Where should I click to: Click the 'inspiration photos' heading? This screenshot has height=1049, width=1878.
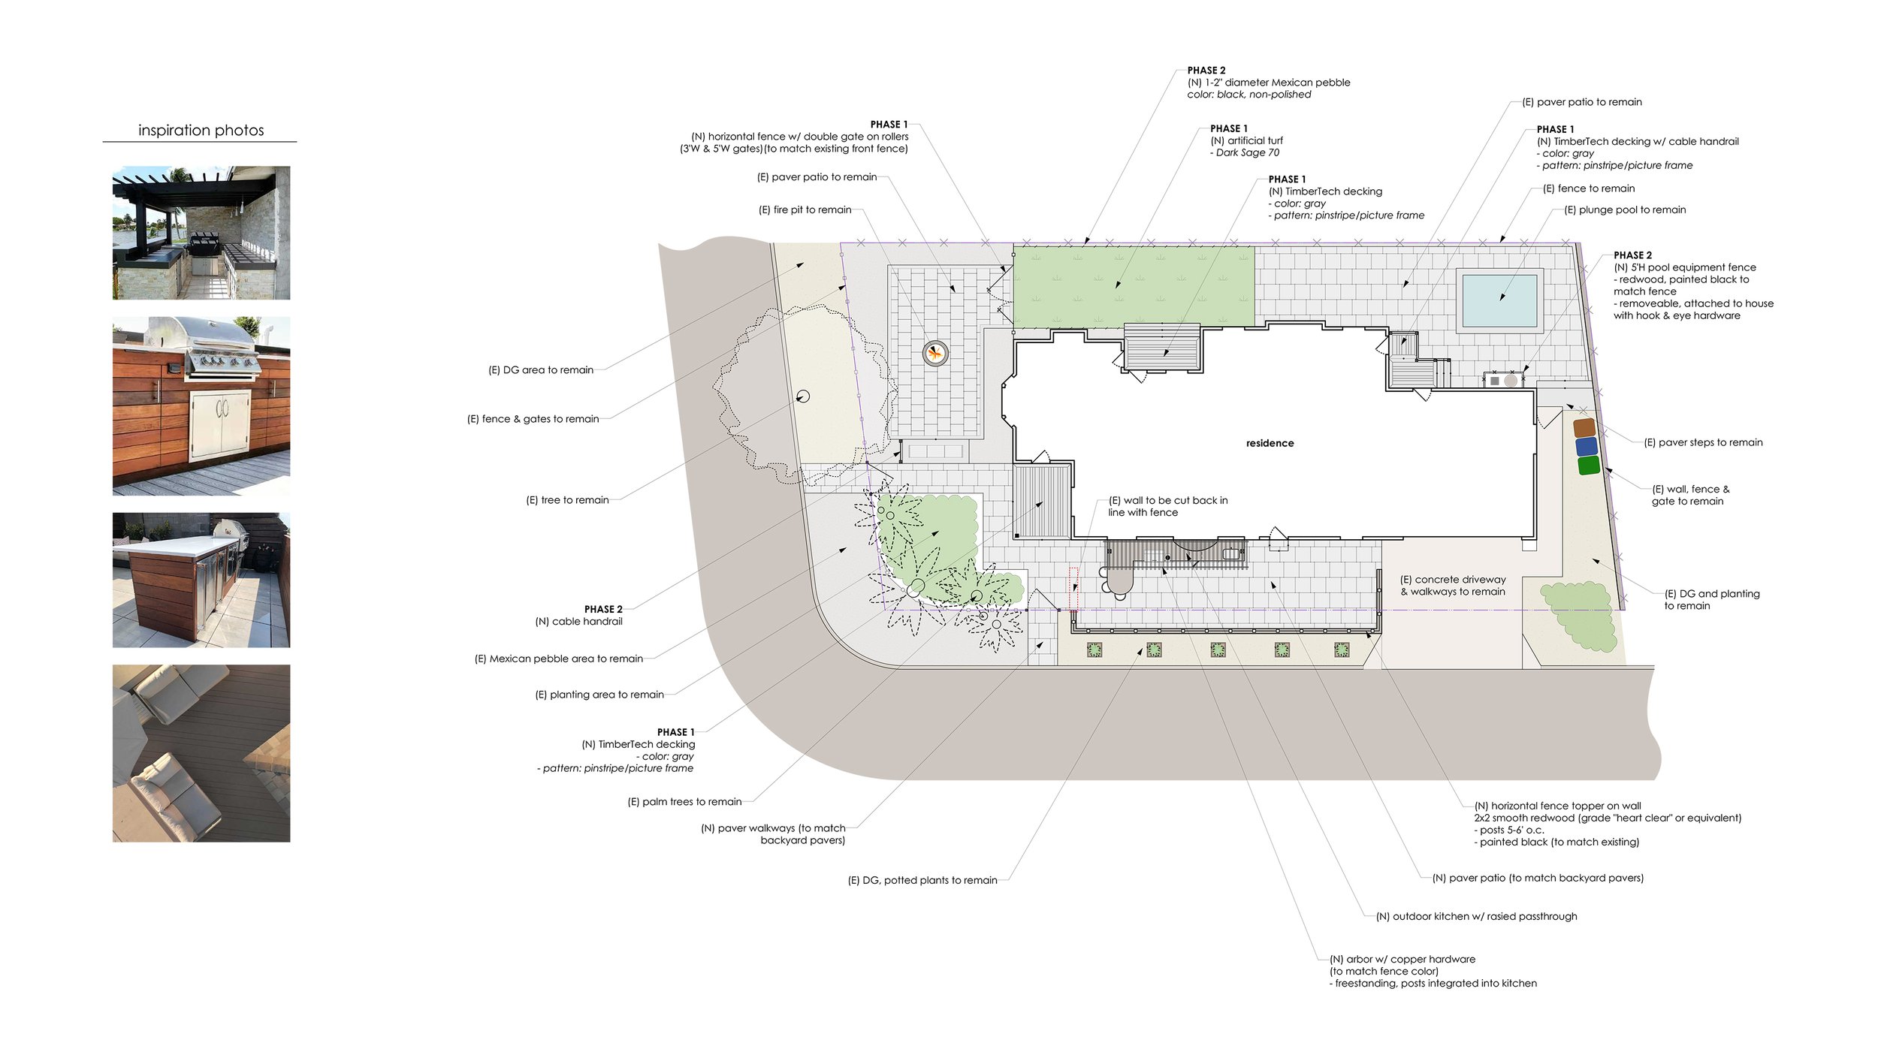(x=201, y=130)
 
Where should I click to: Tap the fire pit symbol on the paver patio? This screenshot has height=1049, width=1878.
(x=935, y=352)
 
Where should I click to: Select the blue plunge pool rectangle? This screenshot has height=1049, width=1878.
(x=1499, y=300)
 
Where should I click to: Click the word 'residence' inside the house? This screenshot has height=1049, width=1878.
(x=1270, y=443)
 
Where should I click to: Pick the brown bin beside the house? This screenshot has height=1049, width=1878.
(x=1584, y=427)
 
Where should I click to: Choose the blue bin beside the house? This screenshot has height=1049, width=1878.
(x=1587, y=446)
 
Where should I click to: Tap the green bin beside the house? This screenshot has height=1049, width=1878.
(x=1589, y=465)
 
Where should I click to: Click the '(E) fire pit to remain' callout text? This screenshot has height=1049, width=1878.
(x=805, y=209)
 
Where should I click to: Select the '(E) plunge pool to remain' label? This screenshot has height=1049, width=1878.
(x=1624, y=209)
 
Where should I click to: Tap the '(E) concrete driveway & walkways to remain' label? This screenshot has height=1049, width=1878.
(x=1453, y=585)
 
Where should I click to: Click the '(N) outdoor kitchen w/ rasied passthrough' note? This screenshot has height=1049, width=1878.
(x=1476, y=916)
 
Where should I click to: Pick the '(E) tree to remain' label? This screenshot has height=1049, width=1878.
(x=567, y=499)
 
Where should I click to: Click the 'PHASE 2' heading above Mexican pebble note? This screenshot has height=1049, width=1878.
(x=1206, y=71)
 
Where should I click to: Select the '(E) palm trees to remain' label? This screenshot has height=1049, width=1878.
(x=684, y=801)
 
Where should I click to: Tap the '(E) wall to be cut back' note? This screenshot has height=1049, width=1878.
(x=1167, y=506)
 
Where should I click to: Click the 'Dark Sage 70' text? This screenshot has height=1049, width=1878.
(x=1247, y=152)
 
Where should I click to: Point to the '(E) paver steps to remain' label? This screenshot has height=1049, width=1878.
(x=1703, y=442)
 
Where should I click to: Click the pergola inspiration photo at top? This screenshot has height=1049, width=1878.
(x=201, y=233)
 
